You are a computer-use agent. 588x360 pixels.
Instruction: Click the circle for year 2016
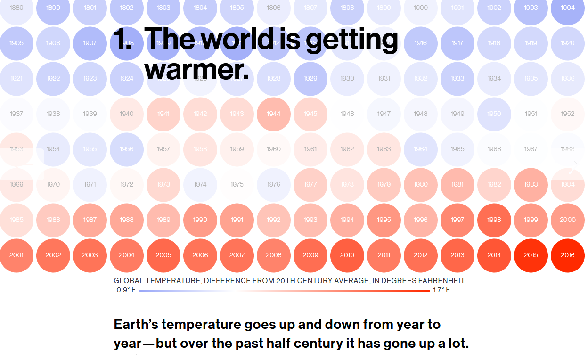(568, 255)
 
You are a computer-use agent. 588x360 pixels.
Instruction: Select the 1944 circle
(274, 114)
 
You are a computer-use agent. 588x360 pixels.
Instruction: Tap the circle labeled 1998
(494, 220)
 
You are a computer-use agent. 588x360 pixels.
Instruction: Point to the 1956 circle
(127, 149)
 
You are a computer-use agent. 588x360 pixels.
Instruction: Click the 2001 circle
(16, 255)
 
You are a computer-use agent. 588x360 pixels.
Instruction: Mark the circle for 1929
(310, 78)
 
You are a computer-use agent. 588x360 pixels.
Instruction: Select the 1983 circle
(531, 184)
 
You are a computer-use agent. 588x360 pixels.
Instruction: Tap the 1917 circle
(457, 43)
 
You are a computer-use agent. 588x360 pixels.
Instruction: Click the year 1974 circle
(200, 184)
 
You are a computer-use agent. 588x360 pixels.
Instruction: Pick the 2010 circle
(347, 255)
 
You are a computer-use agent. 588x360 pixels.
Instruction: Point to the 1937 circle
(16, 114)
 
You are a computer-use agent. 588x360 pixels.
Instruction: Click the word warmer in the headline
(196, 70)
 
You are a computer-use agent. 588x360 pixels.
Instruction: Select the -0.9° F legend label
(124, 290)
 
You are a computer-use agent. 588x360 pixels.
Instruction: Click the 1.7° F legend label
(441, 290)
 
